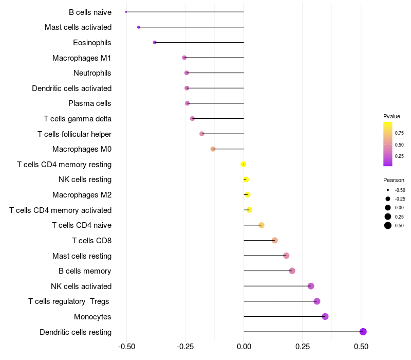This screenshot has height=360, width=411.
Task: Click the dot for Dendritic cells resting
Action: [363, 332]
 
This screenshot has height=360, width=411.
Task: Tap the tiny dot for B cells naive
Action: [126, 12]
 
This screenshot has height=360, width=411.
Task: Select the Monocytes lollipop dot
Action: [325, 316]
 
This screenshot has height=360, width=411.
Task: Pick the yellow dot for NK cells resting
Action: [246, 179]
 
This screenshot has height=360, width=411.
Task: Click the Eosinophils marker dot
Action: [155, 42]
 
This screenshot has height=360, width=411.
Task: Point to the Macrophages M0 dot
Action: [213, 149]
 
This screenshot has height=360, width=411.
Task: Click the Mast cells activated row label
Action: [78, 27]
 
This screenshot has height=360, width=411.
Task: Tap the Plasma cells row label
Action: [90, 103]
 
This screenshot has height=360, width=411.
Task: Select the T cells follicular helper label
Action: [74, 134]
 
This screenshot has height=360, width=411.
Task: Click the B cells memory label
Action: [85, 271]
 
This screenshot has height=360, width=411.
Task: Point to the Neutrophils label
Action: [92, 73]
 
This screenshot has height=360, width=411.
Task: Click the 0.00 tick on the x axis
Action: [244, 346]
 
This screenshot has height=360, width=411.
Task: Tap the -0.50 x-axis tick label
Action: [126, 346]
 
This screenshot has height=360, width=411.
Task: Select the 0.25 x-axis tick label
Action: [303, 346]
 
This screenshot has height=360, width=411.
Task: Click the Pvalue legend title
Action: [391, 116]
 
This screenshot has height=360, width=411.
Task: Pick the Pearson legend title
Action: [394, 180]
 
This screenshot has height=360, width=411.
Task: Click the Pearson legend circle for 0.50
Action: [388, 225]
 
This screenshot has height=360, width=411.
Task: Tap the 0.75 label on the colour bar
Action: [400, 133]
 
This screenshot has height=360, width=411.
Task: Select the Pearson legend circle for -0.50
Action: [388, 190]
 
